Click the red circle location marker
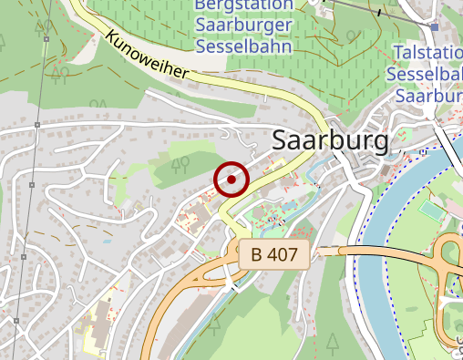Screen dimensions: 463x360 click(x=232, y=180)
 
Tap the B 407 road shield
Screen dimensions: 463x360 click(x=276, y=254)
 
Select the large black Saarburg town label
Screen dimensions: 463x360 click(x=331, y=140)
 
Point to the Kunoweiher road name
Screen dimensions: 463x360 click(x=147, y=57)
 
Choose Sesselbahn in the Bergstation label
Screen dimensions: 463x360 click(x=244, y=46)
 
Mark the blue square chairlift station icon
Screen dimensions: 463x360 click(x=436, y=26)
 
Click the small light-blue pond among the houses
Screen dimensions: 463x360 click(x=108, y=242)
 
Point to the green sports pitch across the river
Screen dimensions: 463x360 click(x=429, y=210)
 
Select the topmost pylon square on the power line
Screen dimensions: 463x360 click(x=45, y=41)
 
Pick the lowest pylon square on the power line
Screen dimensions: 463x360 click(x=15, y=321)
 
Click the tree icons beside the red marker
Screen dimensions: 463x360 click(x=180, y=163)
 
